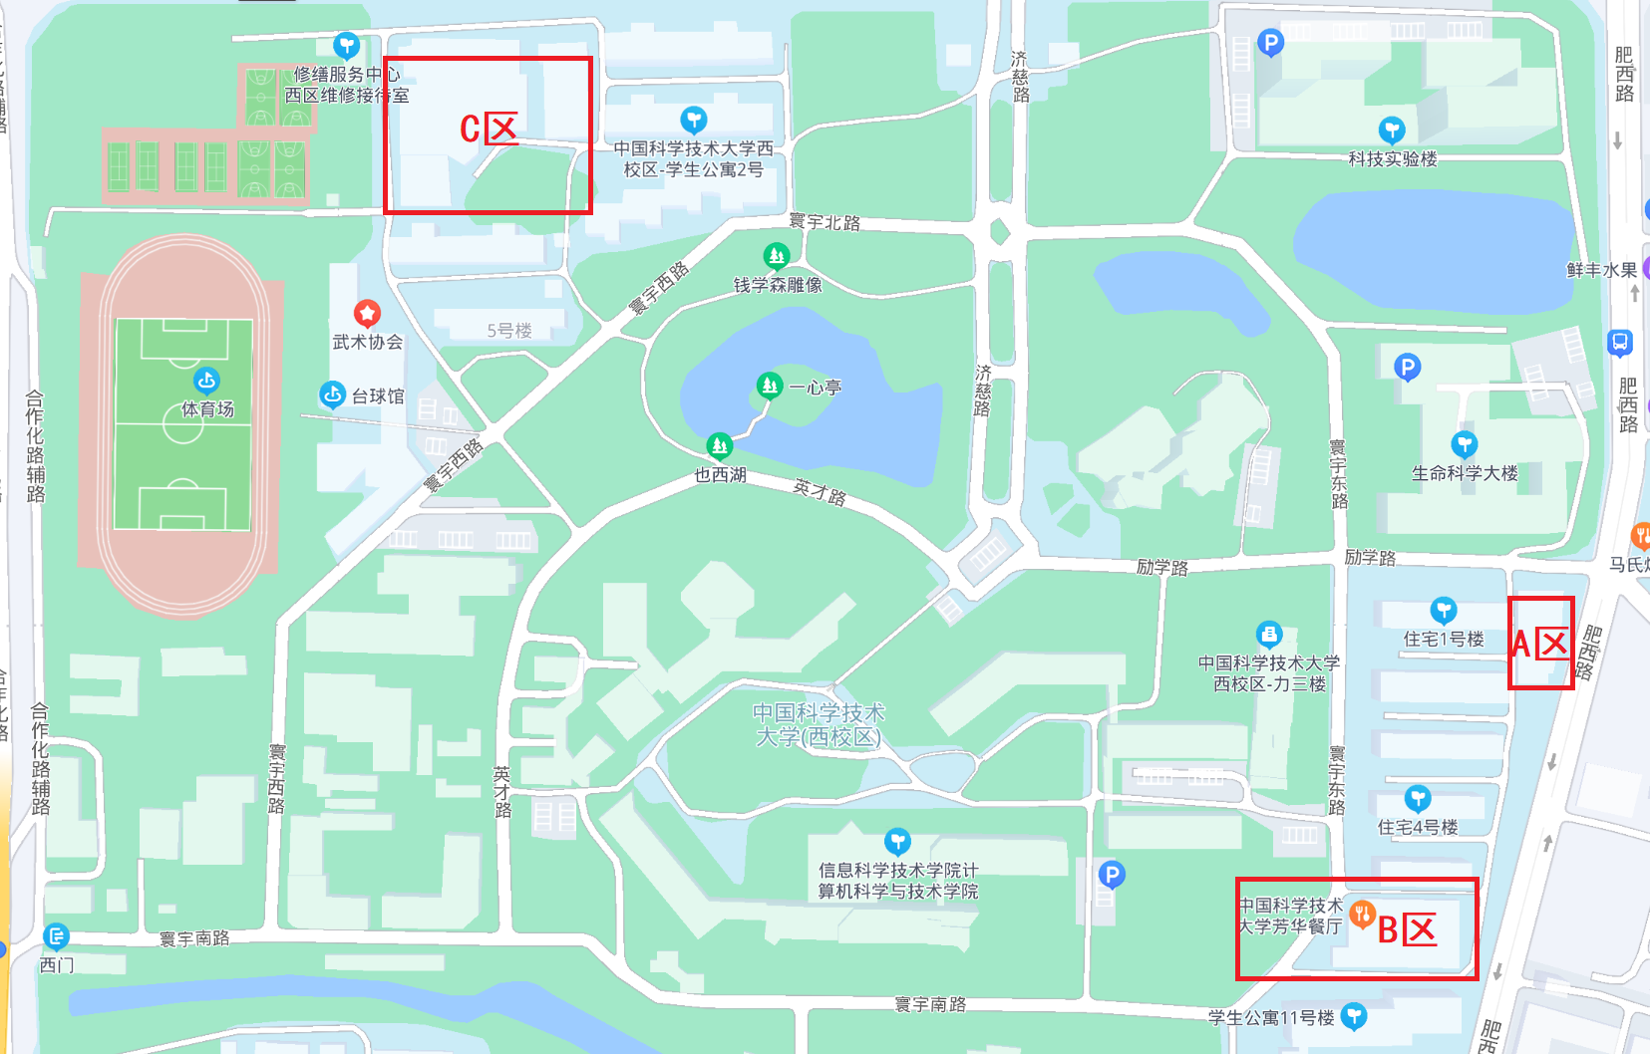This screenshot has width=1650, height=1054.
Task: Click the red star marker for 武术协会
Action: tap(367, 314)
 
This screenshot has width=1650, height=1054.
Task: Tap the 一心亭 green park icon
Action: tap(769, 385)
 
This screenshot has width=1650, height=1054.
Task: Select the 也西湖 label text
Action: tap(720, 475)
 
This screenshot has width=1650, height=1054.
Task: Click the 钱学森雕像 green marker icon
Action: tap(777, 257)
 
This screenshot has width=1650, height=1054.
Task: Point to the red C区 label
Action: tap(489, 129)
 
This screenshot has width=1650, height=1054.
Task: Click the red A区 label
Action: tap(1540, 644)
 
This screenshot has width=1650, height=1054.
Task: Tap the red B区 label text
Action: tap(1407, 929)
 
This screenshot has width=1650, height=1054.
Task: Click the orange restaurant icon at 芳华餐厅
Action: tap(1362, 913)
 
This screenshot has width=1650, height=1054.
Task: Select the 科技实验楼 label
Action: tap(1392, 158)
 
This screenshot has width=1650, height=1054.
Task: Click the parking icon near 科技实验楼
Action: tap(1269, 43)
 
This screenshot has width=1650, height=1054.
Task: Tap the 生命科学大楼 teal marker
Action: tap(1464, 444)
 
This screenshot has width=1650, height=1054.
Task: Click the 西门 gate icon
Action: tap(57, 936)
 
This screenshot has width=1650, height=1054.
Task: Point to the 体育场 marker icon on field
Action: tap(206, 381)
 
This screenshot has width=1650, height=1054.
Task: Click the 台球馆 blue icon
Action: tap(332, 395)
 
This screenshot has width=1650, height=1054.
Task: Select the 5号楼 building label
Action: tap(509, 331)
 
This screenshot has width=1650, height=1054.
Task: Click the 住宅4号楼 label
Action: tap(1417, 827)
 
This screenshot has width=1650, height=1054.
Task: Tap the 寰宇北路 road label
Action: tap(824, 222)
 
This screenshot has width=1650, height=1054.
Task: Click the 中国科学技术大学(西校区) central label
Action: tap(819, 724)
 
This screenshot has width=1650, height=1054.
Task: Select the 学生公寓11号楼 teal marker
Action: tap(1353, 1015)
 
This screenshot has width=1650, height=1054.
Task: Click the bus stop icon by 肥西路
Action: tap(1619, 343)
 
